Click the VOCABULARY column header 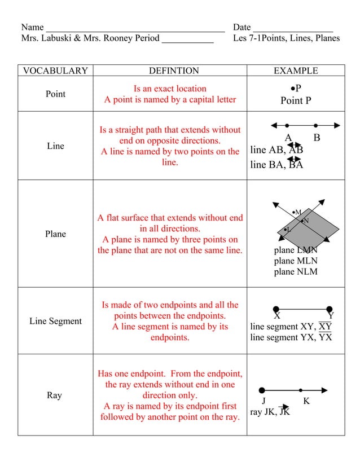55,71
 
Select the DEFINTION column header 174,71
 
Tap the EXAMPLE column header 296,71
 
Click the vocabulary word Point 55,94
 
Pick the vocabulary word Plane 55,234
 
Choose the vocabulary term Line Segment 55,321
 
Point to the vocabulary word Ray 54,395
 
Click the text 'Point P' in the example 296,101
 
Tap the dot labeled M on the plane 294,213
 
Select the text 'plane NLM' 296,272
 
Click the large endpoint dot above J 262,390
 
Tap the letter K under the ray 306,402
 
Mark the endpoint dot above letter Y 330,309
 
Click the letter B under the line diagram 317,138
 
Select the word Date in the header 242,27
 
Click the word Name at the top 32,27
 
